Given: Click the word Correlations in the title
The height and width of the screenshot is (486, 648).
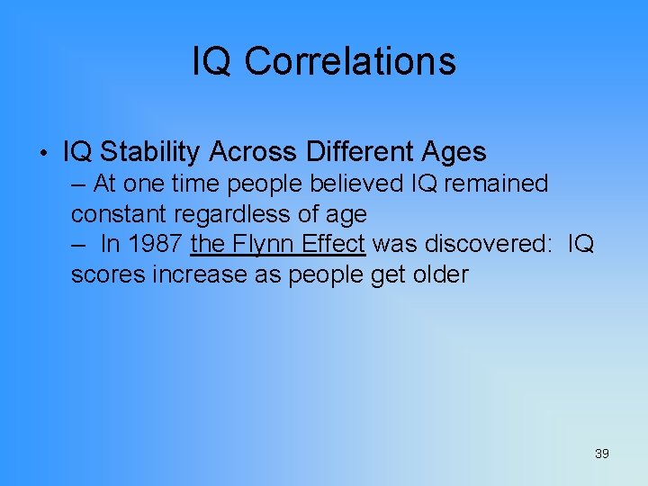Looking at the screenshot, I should tap(350, 61).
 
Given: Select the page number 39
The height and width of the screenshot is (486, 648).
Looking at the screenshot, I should tap(601, 454).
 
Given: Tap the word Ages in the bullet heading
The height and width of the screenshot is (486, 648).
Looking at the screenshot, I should tap(456, 152).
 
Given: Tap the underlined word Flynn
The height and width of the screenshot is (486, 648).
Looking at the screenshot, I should tap(261, 244).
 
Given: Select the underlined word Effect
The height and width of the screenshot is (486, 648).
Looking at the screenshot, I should tap(333, 244).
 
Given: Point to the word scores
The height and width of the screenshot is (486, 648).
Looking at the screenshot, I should tap(109, 274).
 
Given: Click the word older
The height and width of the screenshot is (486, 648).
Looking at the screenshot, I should tap(440, 274).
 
